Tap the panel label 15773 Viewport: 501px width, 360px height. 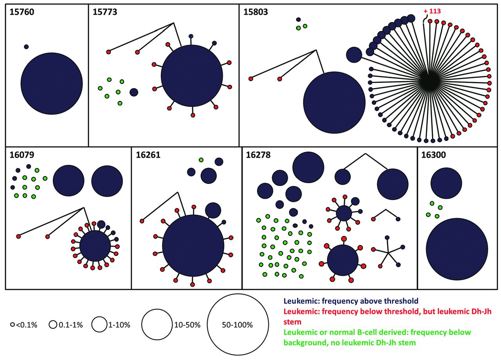(x=106, y=12)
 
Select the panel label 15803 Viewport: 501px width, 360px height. (x=256, y=12)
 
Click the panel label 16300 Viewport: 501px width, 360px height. (x=434, y=155)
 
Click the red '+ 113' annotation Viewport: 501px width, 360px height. (x=432, y=11)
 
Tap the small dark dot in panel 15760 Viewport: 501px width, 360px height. (x=26, y=47)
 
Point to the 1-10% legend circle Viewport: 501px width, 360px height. (x=99, y=325)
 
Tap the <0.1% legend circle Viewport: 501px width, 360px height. (x=13, y=325)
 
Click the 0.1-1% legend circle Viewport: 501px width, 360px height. (x=53, y=325)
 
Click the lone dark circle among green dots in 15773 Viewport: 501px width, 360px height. (x=134, y=92)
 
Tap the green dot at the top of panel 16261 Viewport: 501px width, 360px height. (x=201, y=160)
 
